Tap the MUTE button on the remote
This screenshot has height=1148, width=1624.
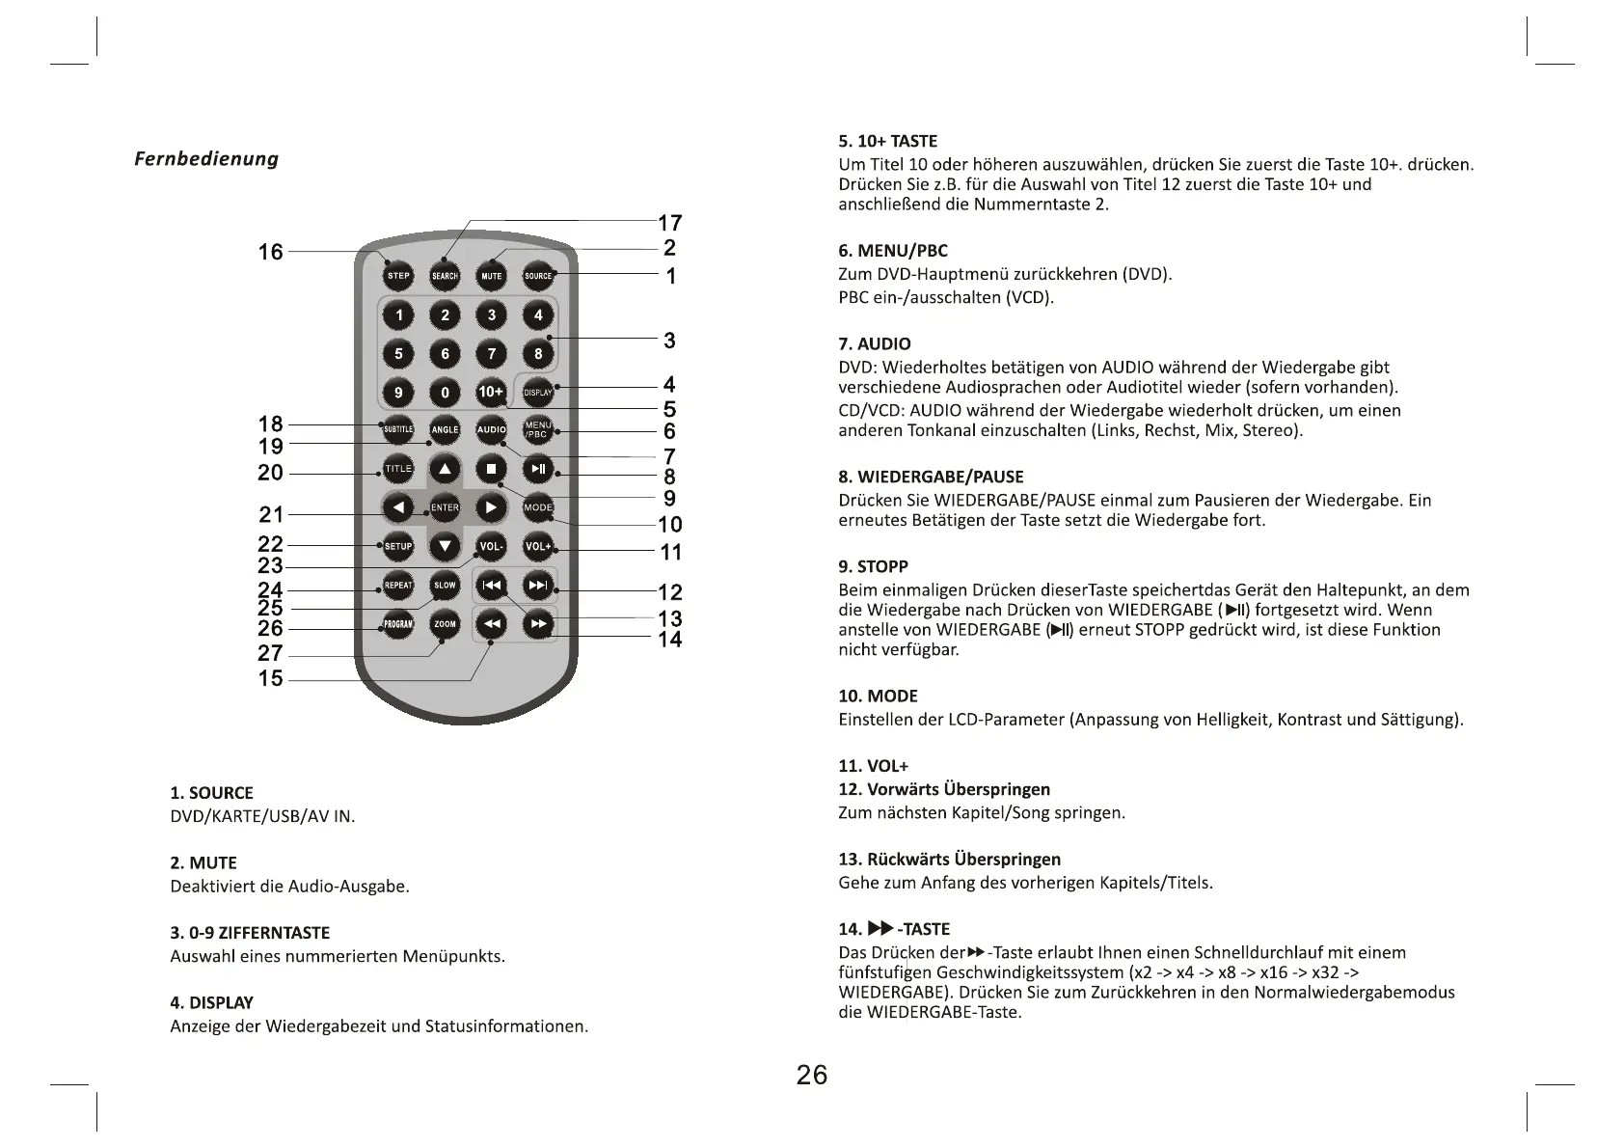(x=492, y=276)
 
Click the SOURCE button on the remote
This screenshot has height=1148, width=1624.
(x=538, y=276)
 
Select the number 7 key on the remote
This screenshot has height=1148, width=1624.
(x=492, y=353)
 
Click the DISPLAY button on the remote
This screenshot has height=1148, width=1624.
(x=537, y=392)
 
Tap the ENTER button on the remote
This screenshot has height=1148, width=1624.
(x=445, y=507)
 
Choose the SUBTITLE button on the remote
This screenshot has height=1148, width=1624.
(x=398, y=429)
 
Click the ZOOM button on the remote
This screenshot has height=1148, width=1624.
(x=445, y=624)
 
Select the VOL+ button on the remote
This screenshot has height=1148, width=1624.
(x=538, y=547)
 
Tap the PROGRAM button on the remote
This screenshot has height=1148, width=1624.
(x=398, y=624)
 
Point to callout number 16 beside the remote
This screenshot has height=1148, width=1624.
(x=271, y=252)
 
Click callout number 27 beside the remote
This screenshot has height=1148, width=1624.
(x=271, y=653)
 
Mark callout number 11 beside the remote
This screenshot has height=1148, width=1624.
(x=670, y=553)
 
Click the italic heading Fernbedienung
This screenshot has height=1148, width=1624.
(x=206, y=158)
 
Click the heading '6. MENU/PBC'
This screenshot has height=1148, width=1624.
(x=893, y=251)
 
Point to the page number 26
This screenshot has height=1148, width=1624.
(x=812, y=1075)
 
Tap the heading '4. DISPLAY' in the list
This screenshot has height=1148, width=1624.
(x=211, y=1002)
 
